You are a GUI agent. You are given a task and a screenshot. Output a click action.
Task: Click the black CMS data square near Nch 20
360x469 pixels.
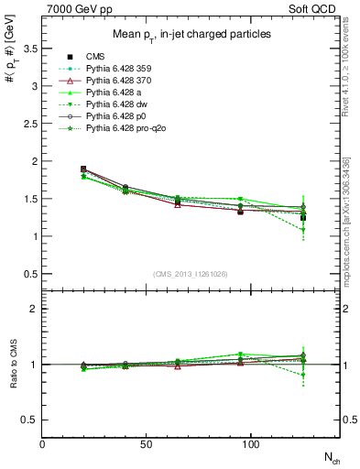point(83,169)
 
